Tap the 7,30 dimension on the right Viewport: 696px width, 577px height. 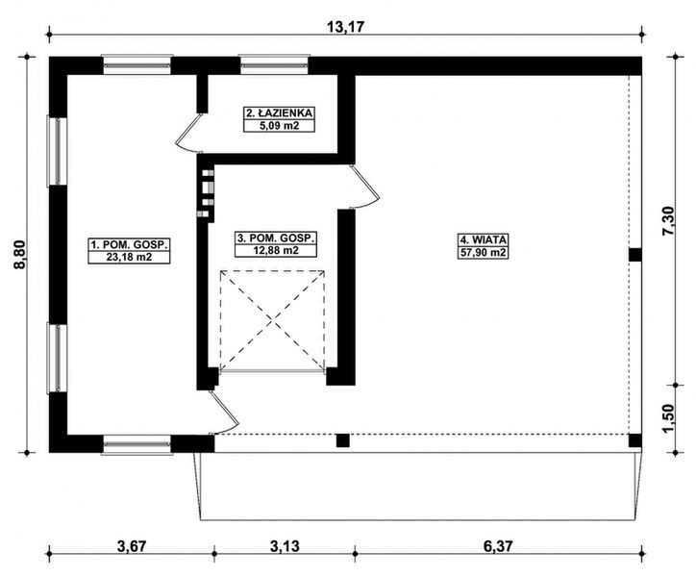click(x=680, y=219)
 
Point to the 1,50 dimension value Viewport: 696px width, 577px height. click(x=680, y=415)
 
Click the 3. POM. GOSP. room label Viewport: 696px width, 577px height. click(x=276, y=238)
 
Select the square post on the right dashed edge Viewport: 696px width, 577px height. click(x=634, y=255)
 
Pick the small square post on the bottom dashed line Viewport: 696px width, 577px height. click(x=341, y=441)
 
